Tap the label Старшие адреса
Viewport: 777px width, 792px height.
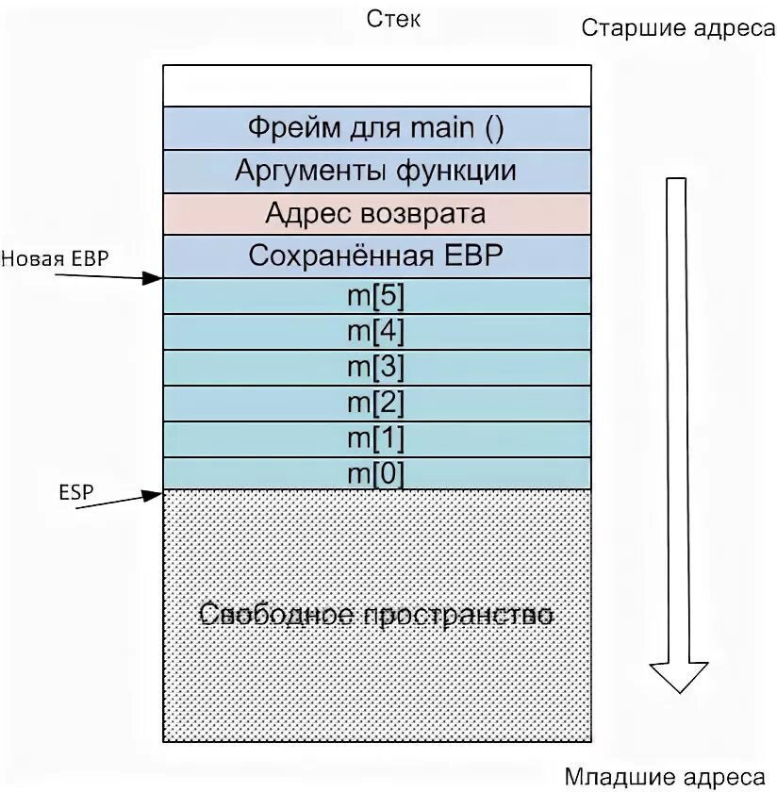pyautogui.click(x=677, y=27)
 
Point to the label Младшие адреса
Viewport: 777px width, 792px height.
pyautogui.click(x=666, y=777)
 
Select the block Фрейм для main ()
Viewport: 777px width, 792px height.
pyautogui.click(x=377, y=128)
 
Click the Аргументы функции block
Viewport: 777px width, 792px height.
pyautogui.click(x=377, y=171)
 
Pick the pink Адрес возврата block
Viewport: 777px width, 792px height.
pyautogui.click(x=377, y=213)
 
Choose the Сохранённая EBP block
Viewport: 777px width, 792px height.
pyautogui.click(x=377, y=256)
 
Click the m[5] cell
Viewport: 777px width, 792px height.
pyautogui.click(x=377, y=296)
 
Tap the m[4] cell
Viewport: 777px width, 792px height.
pyautogui.click(x=377, y=332)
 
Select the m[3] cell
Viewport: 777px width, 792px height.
pyautogui.click(x=377, y=368)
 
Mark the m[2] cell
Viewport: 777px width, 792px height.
pyautogui.click(x=377, y=404)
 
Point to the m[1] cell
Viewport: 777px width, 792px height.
pyautogui.click(x=377, y=439)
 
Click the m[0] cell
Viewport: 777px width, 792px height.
pyautogui.click(x=377, y=474)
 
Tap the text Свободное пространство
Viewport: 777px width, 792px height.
pyautogui.click(x=377, y=615)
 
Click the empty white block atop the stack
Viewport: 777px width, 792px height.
pyautogui.click(x=377, y=85)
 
